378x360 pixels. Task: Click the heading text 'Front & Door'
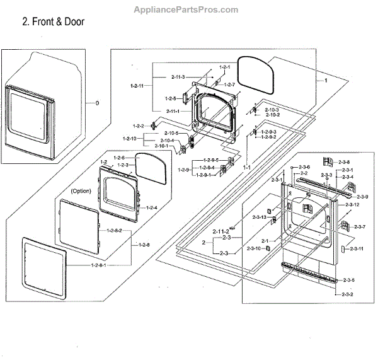[53, 22]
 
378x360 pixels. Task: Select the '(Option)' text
[81, 190]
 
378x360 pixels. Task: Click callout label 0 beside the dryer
[97, 103]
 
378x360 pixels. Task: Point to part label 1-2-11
[137, 85]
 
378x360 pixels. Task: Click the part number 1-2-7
[228, 84]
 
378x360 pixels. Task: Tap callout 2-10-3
[272, 110]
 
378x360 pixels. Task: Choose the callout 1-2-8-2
[122, 231]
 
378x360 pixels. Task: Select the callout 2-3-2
[347, 294]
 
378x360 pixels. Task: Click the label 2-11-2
[220, 232]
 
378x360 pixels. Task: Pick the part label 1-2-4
[151, 207]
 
